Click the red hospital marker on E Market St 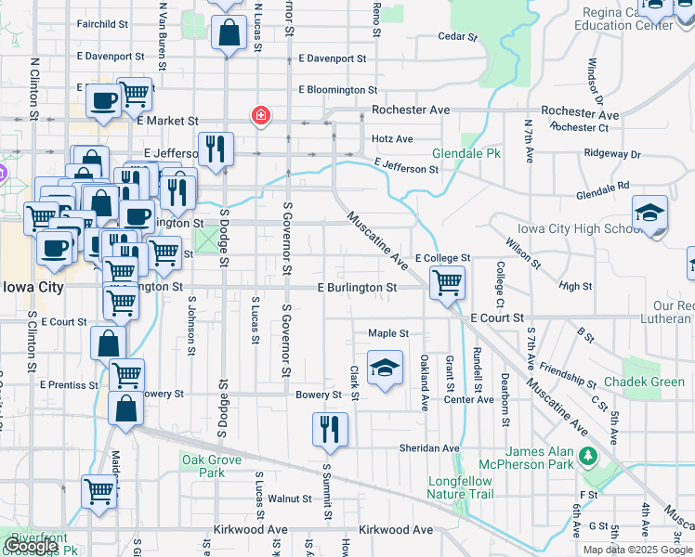coord(262,116)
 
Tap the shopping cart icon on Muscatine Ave coord(448,281)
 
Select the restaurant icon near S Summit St coord(331,429)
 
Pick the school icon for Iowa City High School coord(649,213)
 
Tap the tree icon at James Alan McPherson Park coord(587,456)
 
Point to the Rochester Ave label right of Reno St coord(411,110)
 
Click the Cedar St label coord(458,38)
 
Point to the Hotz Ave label coord(392,139)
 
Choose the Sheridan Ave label coord(429,447)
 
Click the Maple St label coord(388,333)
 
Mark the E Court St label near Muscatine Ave coord(497,317)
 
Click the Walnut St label coord(289,499)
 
